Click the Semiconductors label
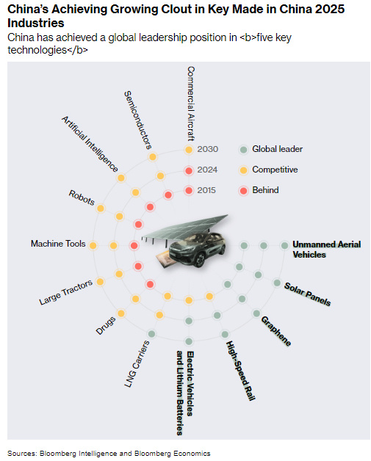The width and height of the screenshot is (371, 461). (x=137, y=120)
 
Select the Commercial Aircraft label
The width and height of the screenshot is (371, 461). (x=191, y=104)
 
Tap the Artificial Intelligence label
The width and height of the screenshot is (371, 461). (x=90, y=144)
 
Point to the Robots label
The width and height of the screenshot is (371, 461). (x=82, y=197)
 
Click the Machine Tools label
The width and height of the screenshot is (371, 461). (x=58, y=244)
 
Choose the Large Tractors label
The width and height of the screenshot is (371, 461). (x=65, y=292)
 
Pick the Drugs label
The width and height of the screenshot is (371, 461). (x=105, y=325)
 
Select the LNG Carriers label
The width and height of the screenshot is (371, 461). (x=137, y=363)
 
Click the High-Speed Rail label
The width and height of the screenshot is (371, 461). (x=240, y=371)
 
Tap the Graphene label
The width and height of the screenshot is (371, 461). (x=276, y=331)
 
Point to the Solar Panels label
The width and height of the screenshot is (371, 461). (x=307, y=294)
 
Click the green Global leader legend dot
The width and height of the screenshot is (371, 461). (x=243, y=149)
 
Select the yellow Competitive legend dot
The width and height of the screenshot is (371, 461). (x=243, y=170)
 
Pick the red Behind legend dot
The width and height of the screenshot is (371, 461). (x=243, y=191)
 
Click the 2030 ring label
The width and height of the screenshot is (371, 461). (x=207, y=149)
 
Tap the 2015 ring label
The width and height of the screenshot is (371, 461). (x=206, y=190)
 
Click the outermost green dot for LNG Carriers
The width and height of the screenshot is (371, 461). (x=151, y=334)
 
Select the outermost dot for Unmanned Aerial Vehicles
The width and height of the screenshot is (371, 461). (x=284, y=245)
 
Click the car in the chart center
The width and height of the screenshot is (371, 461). (x=198, y=248)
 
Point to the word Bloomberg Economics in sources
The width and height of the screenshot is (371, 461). (x=172, y=454)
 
